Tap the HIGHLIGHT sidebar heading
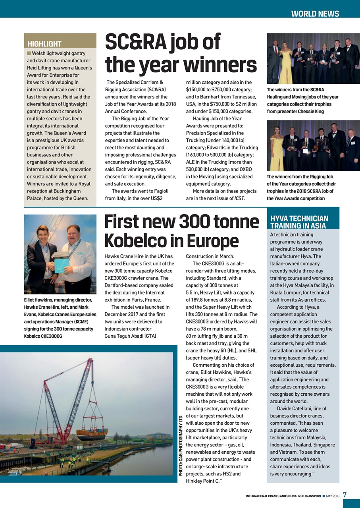click(x=44, y=44)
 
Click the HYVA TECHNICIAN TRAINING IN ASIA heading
click(x=299, y=222)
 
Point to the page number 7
click(x=345, y=495)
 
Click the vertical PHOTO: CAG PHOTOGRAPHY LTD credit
click(x=181, y=446)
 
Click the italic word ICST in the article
click(x=239, y=198)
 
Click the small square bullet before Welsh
click(x=29, y=54)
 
